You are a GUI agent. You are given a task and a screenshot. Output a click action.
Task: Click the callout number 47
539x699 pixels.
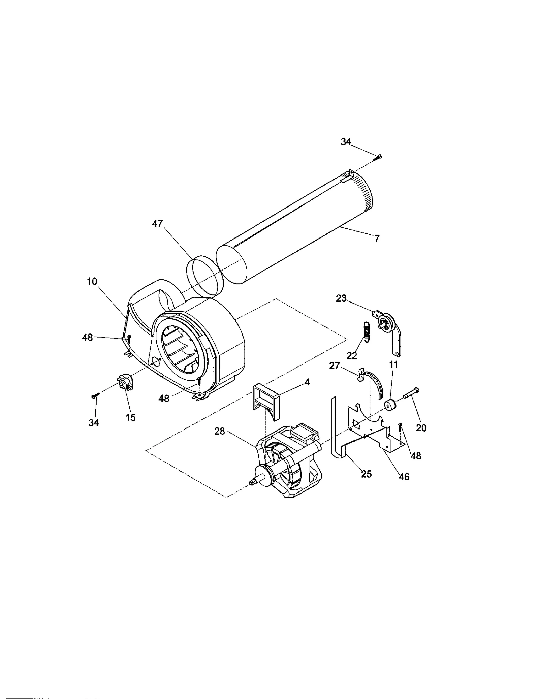[157, 224]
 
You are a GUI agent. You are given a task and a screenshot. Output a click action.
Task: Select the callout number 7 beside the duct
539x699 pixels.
[377, 239]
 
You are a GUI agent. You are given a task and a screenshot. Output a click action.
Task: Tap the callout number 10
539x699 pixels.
[92, 281]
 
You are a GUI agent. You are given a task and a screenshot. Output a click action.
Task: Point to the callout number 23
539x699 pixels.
[341, 298]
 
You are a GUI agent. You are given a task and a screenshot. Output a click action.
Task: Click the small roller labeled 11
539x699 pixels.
[391, 405]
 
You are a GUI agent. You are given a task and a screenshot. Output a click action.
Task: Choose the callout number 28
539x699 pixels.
[220, 431]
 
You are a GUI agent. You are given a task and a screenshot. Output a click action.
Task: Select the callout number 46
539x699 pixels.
[404, 477]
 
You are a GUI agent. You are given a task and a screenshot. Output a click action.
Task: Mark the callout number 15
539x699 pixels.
[131, 418]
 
